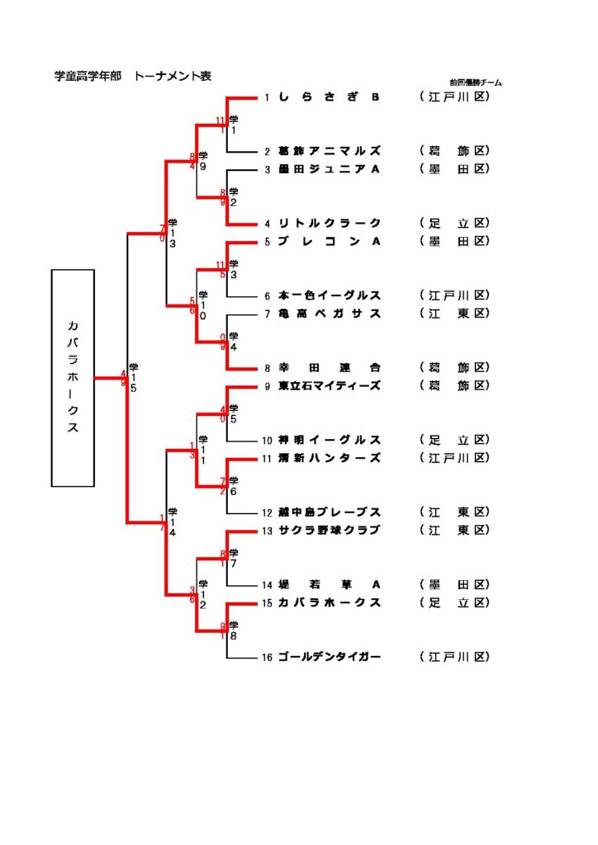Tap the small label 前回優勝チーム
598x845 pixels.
point(476,83)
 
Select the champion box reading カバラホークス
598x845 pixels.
point(73,377)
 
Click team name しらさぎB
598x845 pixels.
point(329,97)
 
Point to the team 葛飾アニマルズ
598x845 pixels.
point(329,151)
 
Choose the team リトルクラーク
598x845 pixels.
point(329,223)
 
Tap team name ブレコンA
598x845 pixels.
point(329,241)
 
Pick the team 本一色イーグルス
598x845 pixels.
point(329,295)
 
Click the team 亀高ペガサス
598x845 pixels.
point(329,314)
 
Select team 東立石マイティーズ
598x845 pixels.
point(329,385)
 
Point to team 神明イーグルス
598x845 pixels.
point(329,440)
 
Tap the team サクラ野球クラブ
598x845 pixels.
point(329,530)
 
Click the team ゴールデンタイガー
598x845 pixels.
point(329,657)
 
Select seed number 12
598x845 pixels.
point(267,512)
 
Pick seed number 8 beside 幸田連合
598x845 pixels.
point(267,368)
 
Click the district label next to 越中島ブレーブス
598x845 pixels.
point(455,512)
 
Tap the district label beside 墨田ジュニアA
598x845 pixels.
point(455,169)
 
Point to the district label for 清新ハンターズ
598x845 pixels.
point(455,458)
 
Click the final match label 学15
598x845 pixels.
point(134,377)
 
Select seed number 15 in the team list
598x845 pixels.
point(267,603)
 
